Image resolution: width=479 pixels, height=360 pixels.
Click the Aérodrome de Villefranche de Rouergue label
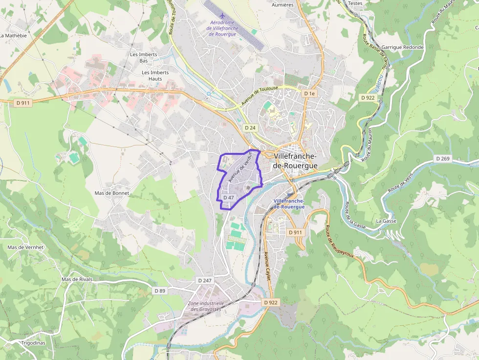point(222,28)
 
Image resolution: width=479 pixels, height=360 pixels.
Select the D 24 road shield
point(250,128)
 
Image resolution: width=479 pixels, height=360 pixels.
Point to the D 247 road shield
point(206,280)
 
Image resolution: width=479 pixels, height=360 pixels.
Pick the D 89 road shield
point(160,291)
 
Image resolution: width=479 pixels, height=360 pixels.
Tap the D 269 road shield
point(442,159)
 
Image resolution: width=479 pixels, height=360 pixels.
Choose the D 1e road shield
point(309,93)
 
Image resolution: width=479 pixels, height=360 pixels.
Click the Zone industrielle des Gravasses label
point(206,306)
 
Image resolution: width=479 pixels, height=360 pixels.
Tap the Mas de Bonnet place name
point(112,193)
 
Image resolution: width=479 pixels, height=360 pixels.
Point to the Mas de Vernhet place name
point(25,247)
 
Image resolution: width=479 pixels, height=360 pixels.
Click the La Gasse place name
point(386,221)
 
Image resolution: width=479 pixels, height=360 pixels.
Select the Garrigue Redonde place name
point(402,47)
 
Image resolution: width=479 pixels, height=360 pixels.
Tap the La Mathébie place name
point(14,36)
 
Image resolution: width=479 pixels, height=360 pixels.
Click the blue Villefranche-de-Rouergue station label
point(289,204)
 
